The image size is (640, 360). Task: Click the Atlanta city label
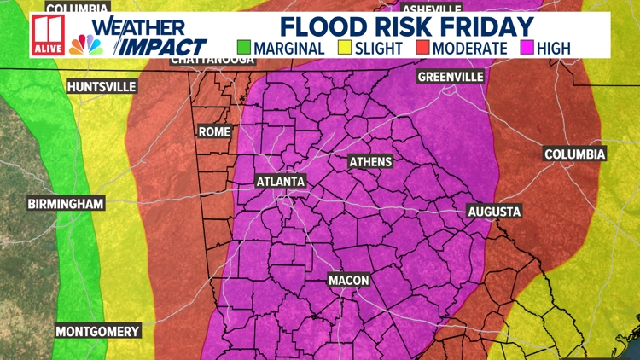[x=281, y=182]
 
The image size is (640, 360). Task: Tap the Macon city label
[x=348, y=280]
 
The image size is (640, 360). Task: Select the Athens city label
[x=370, y=162]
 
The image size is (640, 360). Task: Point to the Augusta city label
[x=494, y=212]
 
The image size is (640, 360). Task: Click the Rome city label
[x=213, y=131]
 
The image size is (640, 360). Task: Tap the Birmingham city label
[x=66, y=204]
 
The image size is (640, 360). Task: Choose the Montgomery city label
[x=97, y=330]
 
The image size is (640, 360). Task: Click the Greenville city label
[x=451, y=77]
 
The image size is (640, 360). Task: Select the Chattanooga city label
[x=213, y=60]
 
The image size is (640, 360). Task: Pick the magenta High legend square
[x=526, y=48]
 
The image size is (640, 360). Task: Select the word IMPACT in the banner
[x=162, y=46]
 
